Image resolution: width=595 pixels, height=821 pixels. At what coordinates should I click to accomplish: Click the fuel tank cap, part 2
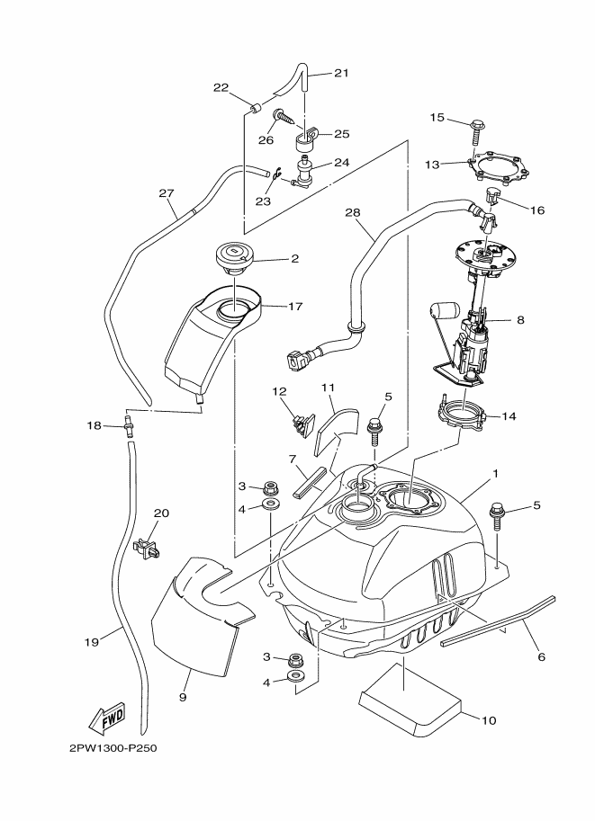click(x=236, y=258)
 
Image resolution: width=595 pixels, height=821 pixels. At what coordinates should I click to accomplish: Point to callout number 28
click(x=352, y=213)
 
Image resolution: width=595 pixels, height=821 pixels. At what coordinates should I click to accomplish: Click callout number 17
click(x=296, y=306)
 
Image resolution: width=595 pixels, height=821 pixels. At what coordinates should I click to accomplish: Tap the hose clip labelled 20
click(x=147, y=546)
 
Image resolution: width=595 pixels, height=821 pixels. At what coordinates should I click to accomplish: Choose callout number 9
click(x=184, y=697)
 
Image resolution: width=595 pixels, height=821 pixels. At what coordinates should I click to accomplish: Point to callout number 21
click(x=340, y=73)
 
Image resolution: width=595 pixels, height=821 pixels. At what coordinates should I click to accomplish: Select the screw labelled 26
click(x=283, y=116)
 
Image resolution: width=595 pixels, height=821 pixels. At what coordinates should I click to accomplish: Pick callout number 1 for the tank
click(x=496, y=473)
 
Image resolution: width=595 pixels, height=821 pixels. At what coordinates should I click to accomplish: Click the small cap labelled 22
click(x=254, y=111)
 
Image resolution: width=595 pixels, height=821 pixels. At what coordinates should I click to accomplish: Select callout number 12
click(x=280, y=391)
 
